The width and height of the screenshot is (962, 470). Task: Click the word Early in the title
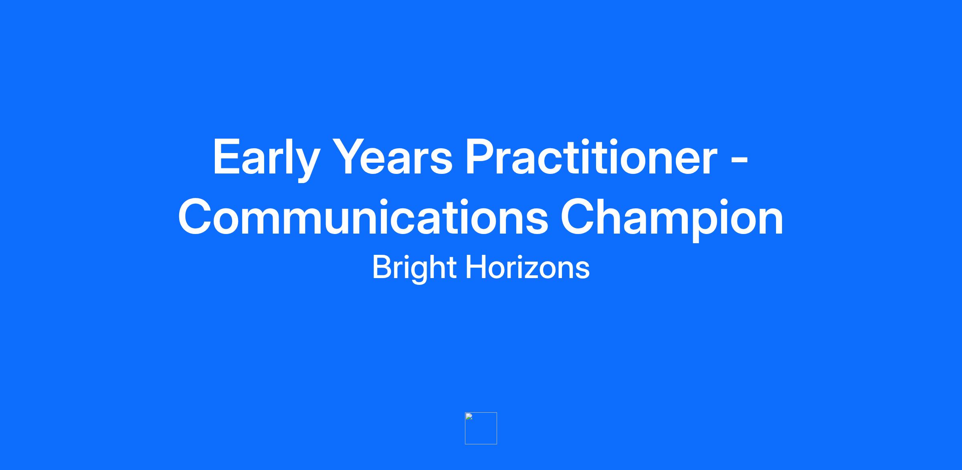coord(266,158)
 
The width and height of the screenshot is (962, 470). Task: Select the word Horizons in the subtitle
coord(527,267)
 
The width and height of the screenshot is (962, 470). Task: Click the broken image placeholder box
coord(481,428)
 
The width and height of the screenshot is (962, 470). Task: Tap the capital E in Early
coord(228,157)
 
